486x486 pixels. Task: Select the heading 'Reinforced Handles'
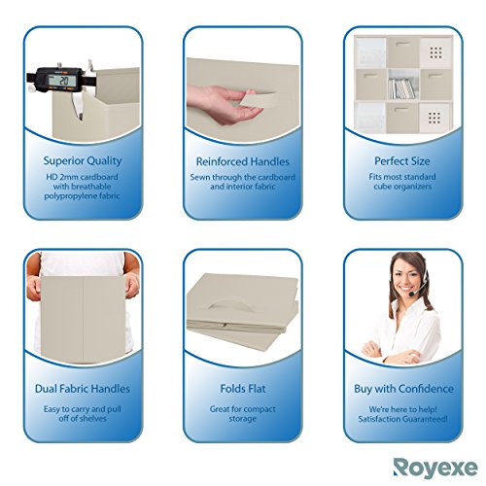[x=243, y=157]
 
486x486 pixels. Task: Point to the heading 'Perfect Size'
[x=401, y=157]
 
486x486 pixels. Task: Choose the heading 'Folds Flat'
[x=243, y=389]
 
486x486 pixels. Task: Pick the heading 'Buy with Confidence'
[x=401, y=389]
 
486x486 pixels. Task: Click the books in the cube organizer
[x=401, y=88]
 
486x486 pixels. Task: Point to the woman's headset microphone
[x=413, y=291]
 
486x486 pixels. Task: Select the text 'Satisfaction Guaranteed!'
[x=401, y=419]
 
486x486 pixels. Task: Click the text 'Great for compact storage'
[x=243, y=414]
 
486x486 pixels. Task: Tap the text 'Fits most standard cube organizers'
[x=401, y=183]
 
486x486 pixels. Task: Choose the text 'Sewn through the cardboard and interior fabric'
[x=243, y=183]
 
